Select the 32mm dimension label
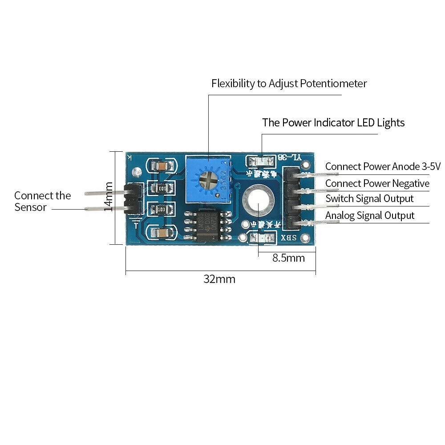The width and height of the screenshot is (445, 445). point(219,279)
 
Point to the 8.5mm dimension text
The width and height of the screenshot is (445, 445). point(288,258)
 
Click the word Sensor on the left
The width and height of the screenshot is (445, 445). point(30,207)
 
